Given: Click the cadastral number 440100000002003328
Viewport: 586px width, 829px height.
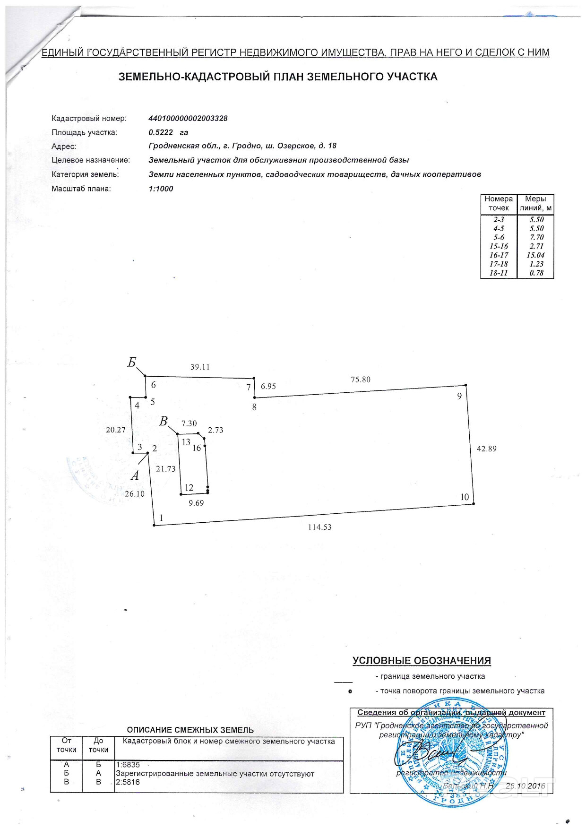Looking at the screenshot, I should point(188,118).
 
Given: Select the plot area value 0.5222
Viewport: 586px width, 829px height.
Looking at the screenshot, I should point(161,132).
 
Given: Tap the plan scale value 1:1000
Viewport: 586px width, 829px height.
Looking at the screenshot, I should point(161,189).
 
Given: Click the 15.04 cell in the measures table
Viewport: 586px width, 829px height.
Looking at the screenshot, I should point(535,255).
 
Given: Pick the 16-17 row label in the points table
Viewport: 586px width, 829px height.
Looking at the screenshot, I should point(499,255).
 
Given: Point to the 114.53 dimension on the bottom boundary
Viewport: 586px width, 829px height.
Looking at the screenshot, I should point(319,527).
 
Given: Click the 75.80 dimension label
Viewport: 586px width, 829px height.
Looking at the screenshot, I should point(361,380).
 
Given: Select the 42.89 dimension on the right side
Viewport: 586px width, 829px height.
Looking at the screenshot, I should point(486,449).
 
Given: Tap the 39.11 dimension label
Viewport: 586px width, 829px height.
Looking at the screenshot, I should point(200,367).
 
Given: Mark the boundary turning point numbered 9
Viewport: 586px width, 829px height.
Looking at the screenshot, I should point(465,385).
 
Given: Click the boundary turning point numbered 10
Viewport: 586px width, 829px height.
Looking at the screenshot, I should point(474,504).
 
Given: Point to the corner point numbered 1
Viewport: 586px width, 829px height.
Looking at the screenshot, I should point(155,525).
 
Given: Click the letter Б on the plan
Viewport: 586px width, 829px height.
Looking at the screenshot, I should point(132,363).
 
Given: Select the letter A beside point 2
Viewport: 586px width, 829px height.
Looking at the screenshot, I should point(135,476).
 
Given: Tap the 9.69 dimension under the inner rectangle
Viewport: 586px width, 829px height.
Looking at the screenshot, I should point(196,503).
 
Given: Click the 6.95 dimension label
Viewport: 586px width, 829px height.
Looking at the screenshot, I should point(268,386).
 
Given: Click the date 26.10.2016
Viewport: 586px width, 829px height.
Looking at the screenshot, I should point(525,786).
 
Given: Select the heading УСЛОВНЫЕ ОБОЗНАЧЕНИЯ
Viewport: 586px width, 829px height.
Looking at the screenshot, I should point(422,661).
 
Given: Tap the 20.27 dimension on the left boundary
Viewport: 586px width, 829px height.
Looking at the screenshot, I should point(116,430).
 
